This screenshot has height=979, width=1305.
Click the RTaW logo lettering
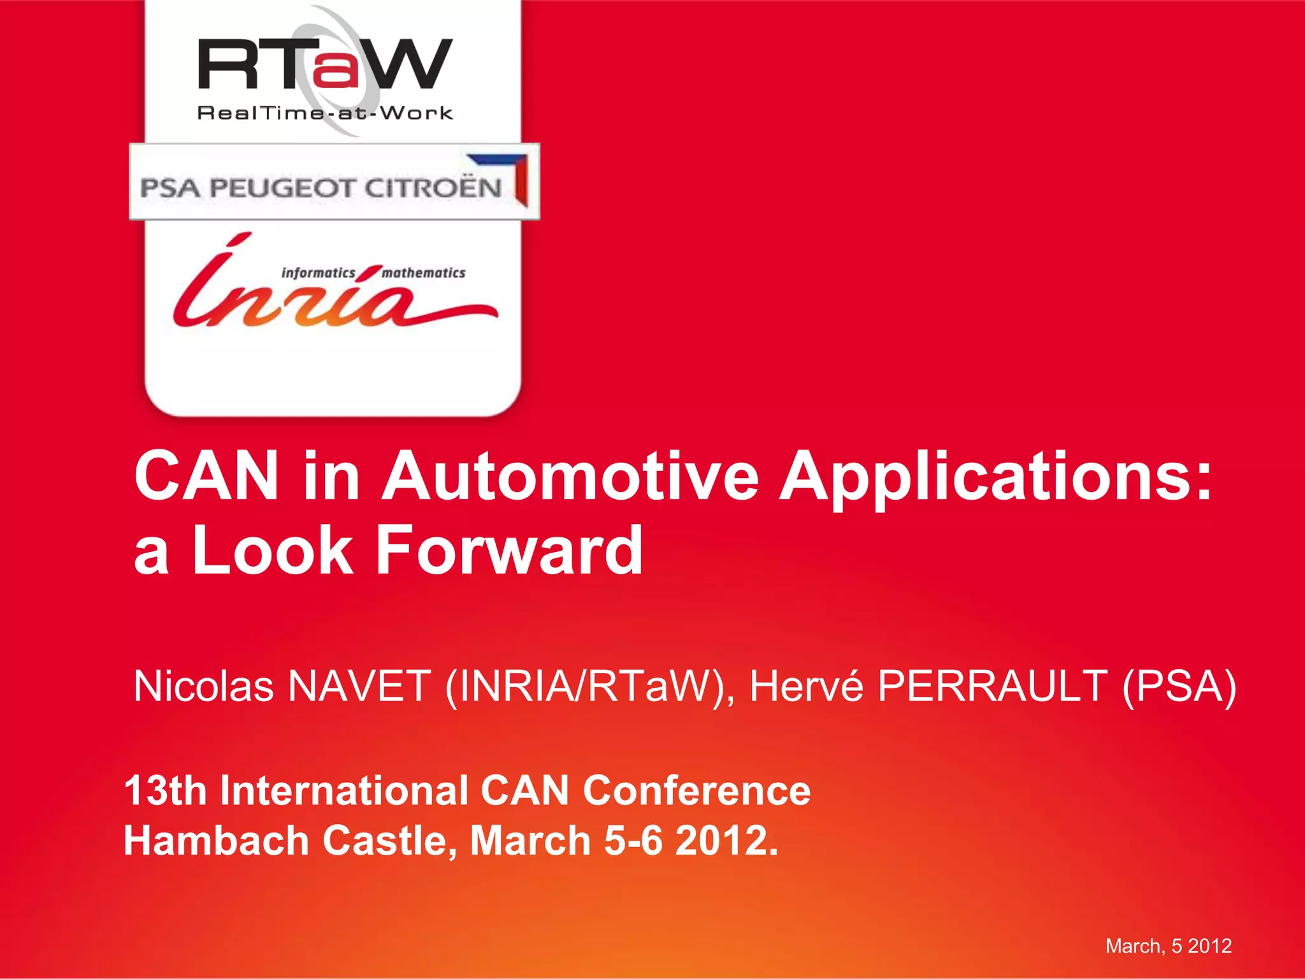pos(325,64)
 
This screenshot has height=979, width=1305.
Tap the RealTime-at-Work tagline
pos(325,113)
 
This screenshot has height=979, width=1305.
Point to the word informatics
pos(318,273)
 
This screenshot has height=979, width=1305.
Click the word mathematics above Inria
pos(424,273)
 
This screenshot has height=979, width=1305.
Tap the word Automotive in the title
pos(570,476)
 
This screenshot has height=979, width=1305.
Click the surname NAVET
pos(359,686)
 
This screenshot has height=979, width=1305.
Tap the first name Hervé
pos(806,686)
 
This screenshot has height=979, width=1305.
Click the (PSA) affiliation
pos(1179,687)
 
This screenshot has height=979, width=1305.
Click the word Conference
pos(696,790)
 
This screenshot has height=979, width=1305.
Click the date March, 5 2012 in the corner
pos(1168,946)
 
